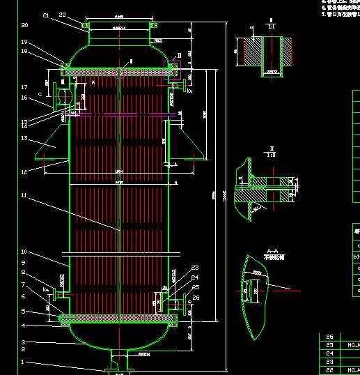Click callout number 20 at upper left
click(24, 25)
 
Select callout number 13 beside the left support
click(24, 138)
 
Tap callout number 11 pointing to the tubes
click(24, 196)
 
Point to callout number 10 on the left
click(24, 252)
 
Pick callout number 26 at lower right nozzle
click(196, 298)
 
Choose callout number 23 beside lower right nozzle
click(195, 268)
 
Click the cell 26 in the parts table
click(329, 336)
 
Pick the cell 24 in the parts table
click(329, 353)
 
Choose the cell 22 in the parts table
click(329, 369)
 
